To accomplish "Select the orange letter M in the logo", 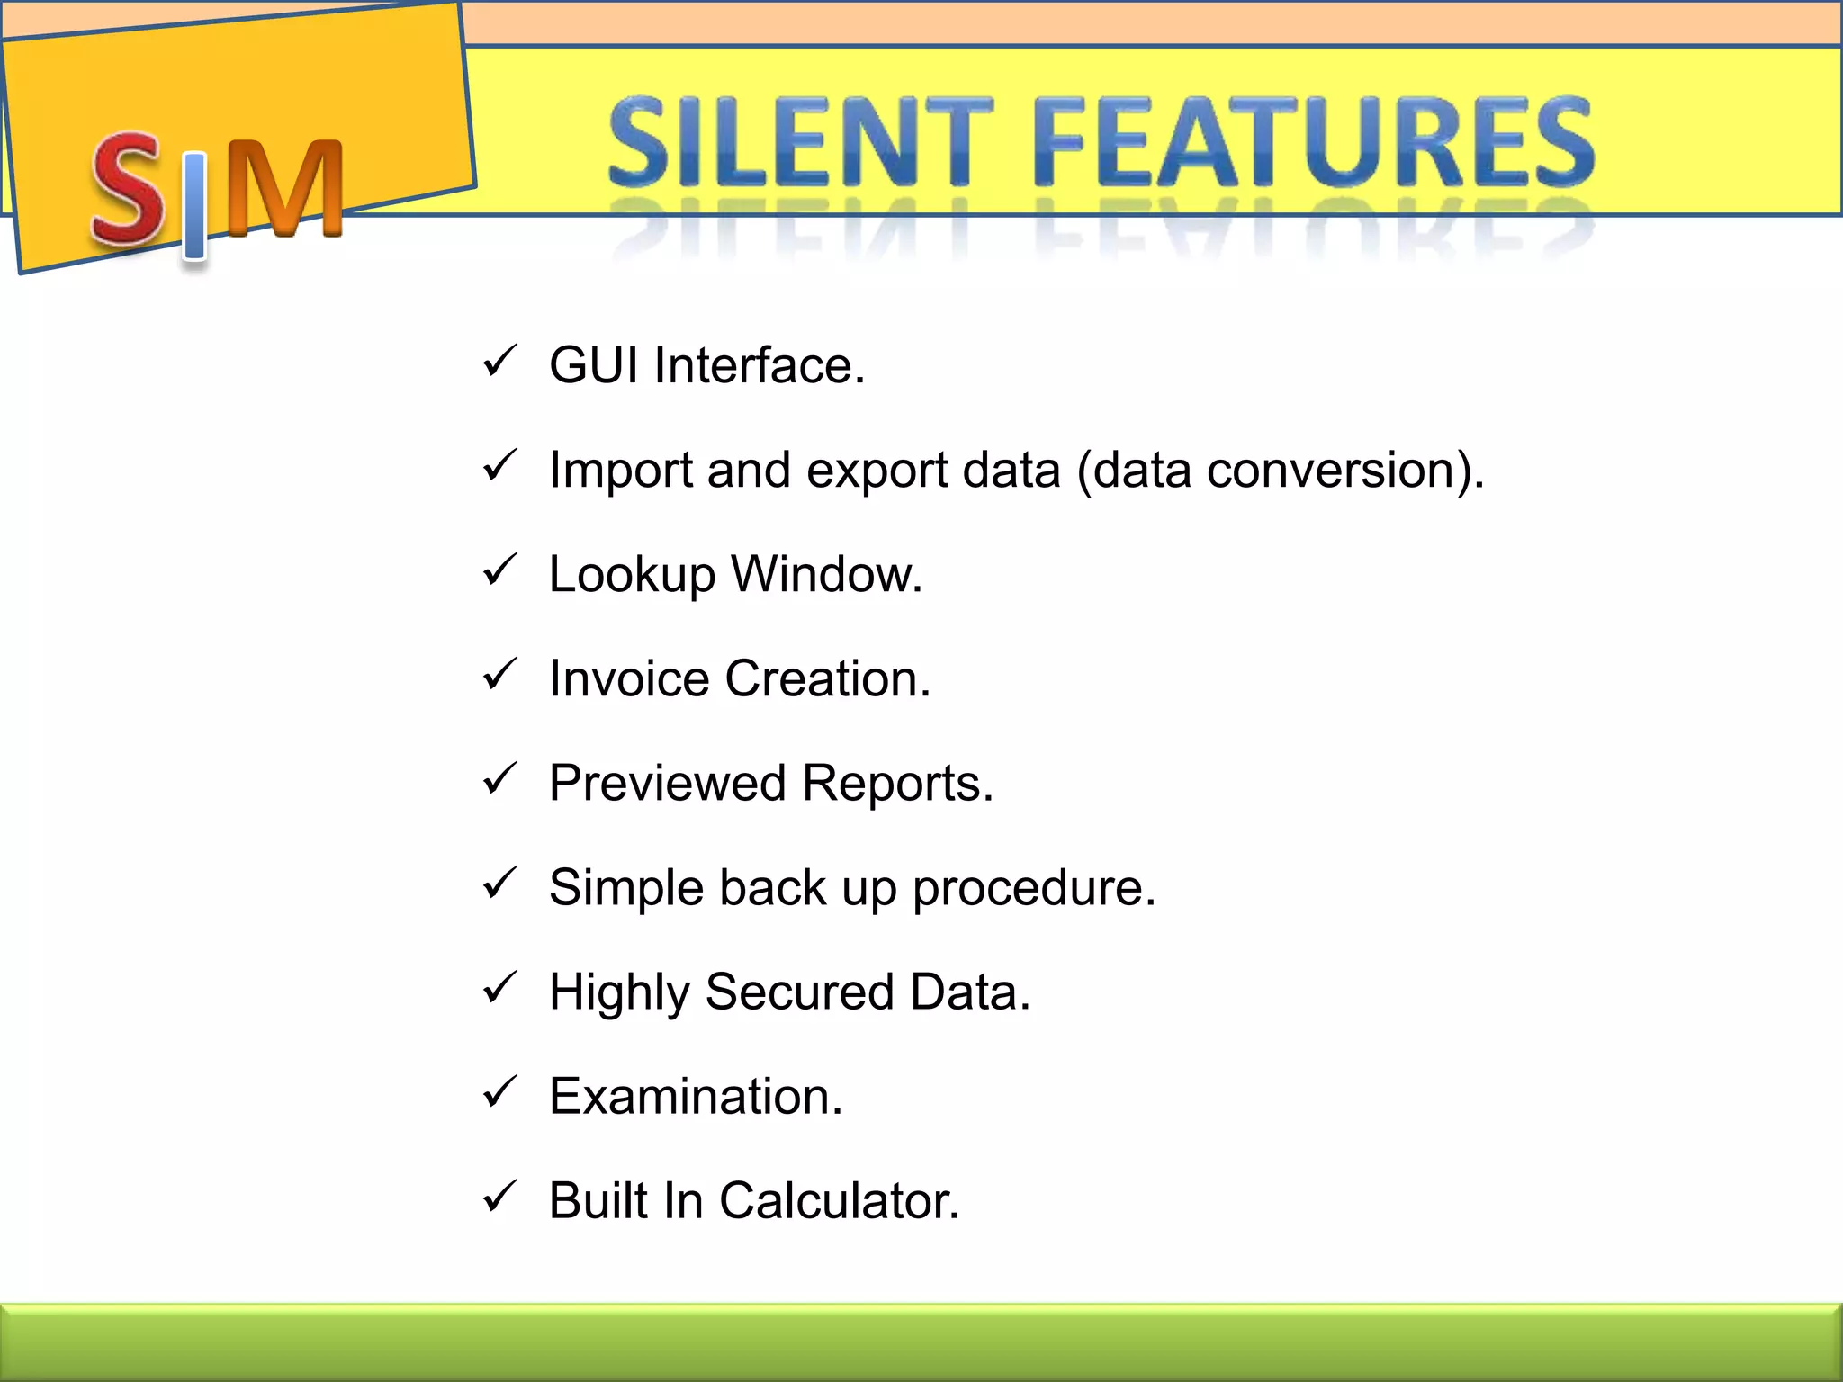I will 284,189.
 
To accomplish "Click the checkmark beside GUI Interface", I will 498,362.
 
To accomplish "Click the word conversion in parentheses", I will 1331,470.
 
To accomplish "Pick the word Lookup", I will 631,576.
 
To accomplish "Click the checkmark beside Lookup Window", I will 498,570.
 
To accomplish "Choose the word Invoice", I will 629,678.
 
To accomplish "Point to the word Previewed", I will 667,783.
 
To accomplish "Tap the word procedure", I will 1033,889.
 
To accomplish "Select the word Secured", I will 799,992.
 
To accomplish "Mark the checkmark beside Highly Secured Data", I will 498,988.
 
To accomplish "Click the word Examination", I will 695,1096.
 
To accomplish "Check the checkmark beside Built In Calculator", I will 498,1197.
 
